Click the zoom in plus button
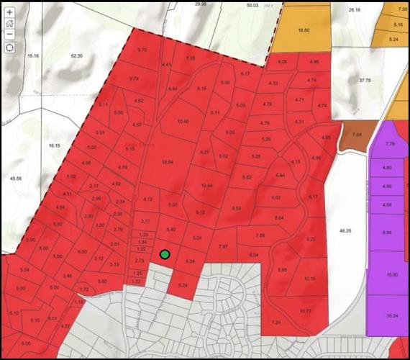coord(9,12)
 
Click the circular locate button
coord(9,48)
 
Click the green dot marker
coord(165,254)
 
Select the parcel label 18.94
coord(169,163)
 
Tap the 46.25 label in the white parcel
coord(346,230)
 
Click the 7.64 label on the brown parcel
coord(357,135)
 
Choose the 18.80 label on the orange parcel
coord(303,30)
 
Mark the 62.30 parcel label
coord(77,55)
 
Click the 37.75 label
coord(364,81)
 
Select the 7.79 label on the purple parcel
coord(391,145)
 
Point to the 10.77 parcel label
coord(306,310)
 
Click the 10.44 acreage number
coord(207,186)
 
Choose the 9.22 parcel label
coord(311,238)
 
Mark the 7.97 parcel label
coord(223,246)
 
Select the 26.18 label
coord(354,11)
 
